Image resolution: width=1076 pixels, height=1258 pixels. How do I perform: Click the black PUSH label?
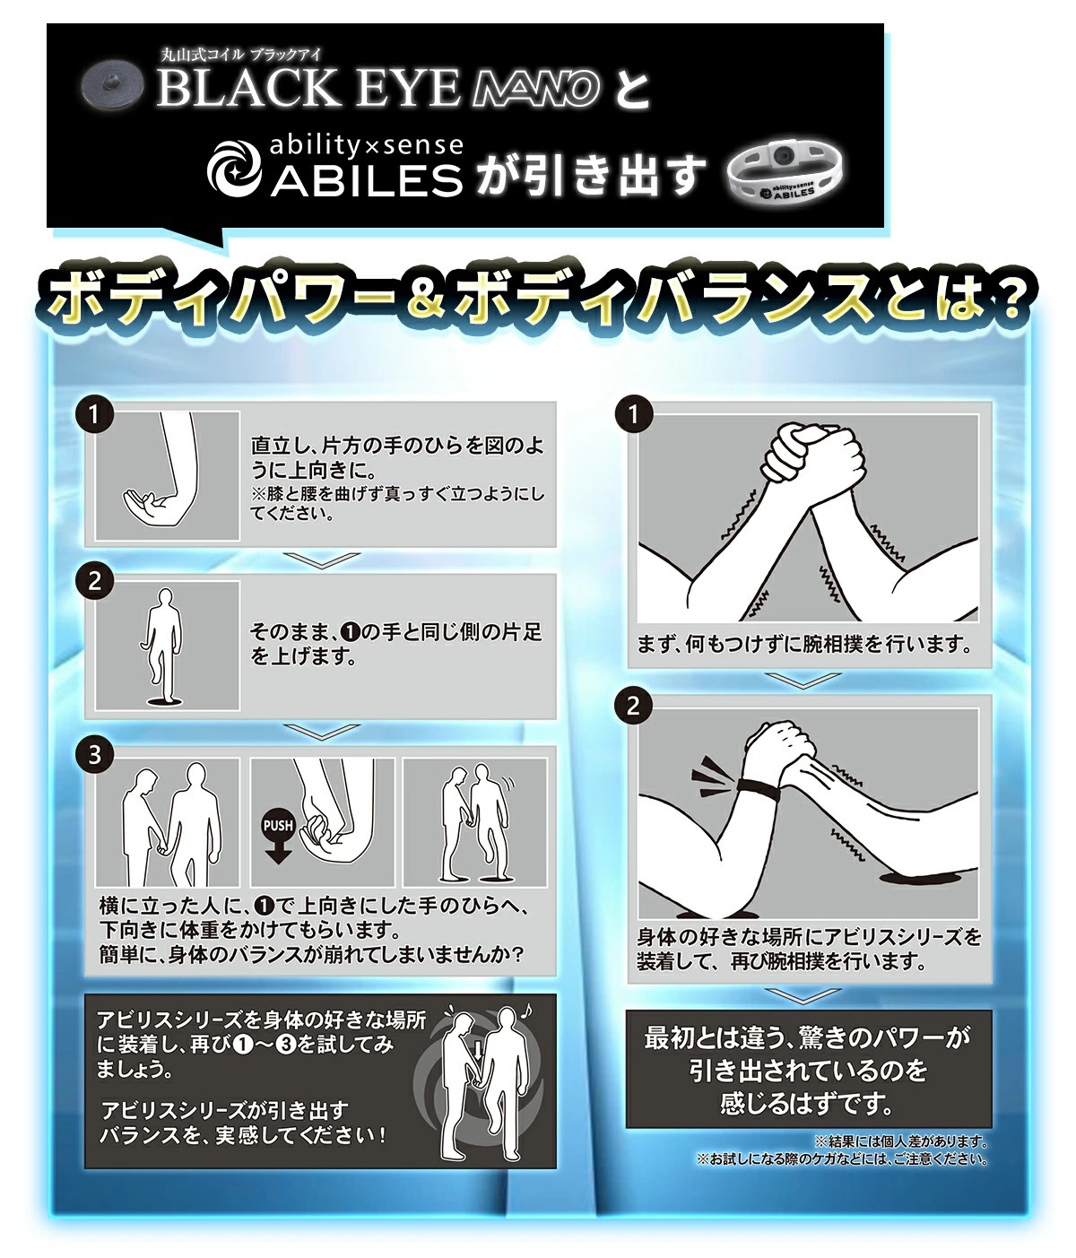pos(277,825)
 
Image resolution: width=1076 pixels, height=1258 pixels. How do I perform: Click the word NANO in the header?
pos(535,89)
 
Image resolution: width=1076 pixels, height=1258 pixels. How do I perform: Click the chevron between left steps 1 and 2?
pos(320,560)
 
